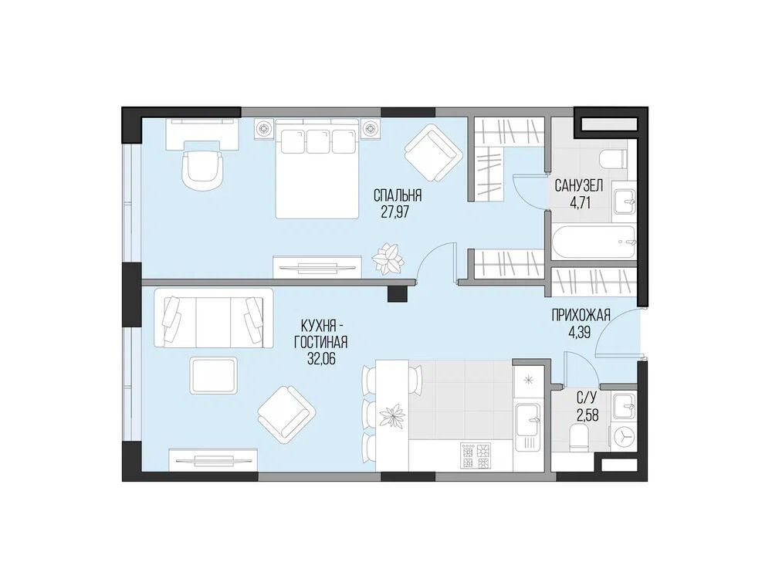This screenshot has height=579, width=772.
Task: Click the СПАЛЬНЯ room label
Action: (398, 195)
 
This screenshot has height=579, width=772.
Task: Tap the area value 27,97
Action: (395, 212)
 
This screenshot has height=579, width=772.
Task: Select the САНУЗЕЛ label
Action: (578, 185)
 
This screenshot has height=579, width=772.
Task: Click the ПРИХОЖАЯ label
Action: (581, 315)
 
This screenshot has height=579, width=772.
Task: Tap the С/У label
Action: (587, 400)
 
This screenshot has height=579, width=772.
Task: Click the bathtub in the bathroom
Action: (594, 242)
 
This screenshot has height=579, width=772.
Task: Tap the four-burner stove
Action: (475, 455)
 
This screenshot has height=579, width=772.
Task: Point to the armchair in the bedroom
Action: (433, 153)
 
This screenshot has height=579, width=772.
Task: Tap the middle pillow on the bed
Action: (318, 141)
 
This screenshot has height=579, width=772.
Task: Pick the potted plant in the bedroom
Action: (388, 259)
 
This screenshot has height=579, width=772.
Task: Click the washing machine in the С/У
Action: (625, 435)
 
